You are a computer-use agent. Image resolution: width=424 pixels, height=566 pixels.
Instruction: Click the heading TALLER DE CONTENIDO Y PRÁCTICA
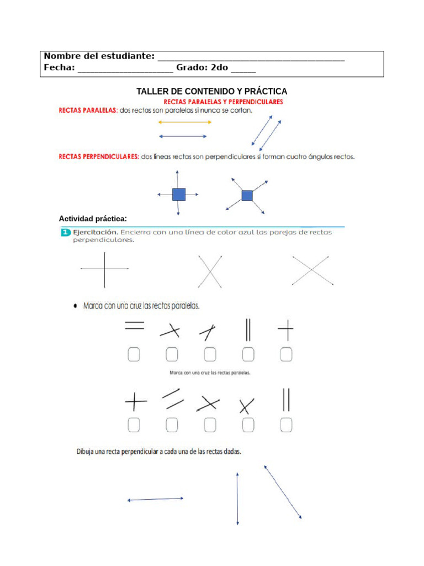tap(212, 91)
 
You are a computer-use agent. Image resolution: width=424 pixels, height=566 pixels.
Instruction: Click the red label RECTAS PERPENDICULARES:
tap(99, 156)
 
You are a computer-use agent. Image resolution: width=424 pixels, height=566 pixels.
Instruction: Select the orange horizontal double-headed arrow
tap(184, 122)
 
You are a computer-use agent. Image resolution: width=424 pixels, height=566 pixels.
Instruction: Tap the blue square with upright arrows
tap(178, 194)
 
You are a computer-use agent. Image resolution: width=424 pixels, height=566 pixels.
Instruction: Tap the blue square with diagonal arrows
tap(247, 195)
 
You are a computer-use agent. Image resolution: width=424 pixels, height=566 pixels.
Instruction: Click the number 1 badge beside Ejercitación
tap(65, 233)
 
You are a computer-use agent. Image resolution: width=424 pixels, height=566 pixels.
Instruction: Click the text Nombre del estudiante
tap(99, 56)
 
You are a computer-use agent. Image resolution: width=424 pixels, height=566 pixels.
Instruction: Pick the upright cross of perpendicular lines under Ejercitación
tap(104, 269)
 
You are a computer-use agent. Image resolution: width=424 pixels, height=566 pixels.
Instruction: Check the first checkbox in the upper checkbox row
tap(134, 354)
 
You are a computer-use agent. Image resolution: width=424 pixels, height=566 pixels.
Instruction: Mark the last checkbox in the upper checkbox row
tap(286, 354)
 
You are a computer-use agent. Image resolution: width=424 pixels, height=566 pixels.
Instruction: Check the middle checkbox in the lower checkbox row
tap(210, 424)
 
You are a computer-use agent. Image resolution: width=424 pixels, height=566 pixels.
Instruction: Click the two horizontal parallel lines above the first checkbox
tap(134, 326)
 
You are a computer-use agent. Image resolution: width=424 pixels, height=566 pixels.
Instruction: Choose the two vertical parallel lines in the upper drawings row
tap(248, 330)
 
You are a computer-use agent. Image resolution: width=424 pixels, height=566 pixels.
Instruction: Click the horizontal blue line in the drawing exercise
tap(155, 499)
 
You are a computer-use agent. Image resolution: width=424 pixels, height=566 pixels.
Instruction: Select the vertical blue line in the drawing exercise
tap(237, 499)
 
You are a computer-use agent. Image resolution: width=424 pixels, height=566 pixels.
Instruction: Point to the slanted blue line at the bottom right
tap(283, 492)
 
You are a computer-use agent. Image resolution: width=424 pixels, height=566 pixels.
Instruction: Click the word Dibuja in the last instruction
tap(86, 452)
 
